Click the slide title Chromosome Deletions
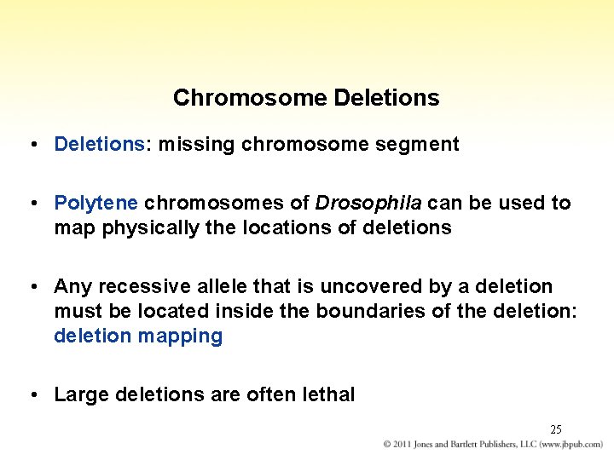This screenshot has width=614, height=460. (x=306, y=98)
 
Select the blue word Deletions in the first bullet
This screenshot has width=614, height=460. (x=99, y=144)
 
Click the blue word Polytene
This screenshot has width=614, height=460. (x=96, y=203)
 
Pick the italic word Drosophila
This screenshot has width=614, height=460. (x=368, y=203)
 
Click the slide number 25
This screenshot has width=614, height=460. (x=555, y=429)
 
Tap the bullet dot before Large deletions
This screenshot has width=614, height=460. (x=31, y=394)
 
